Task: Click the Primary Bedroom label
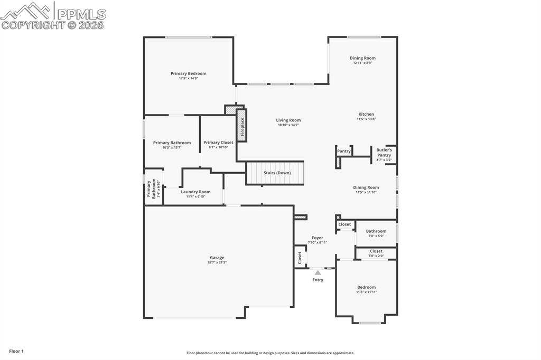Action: (188, 73)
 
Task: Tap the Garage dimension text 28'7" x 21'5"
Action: (217, 262)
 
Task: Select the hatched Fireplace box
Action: (242, 126)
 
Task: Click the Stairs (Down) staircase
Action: (276, 173)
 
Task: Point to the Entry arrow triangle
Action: (318, 273)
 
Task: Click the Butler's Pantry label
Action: (384, 153)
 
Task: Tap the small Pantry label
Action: (344, 151)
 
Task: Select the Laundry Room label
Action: (195, 192)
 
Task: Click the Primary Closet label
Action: (218, 143)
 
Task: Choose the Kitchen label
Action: (366, 114)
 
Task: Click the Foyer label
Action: (318, 238)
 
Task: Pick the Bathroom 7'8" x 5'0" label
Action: (376, 231)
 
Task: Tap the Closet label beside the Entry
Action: (300, 258)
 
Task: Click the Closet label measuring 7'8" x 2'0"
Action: (376, 251)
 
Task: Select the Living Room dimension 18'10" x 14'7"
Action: (288, 125)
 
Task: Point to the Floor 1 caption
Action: (16, 351)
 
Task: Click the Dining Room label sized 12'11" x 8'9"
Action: (362, 58)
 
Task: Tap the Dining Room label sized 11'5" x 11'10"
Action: (366, 187)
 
